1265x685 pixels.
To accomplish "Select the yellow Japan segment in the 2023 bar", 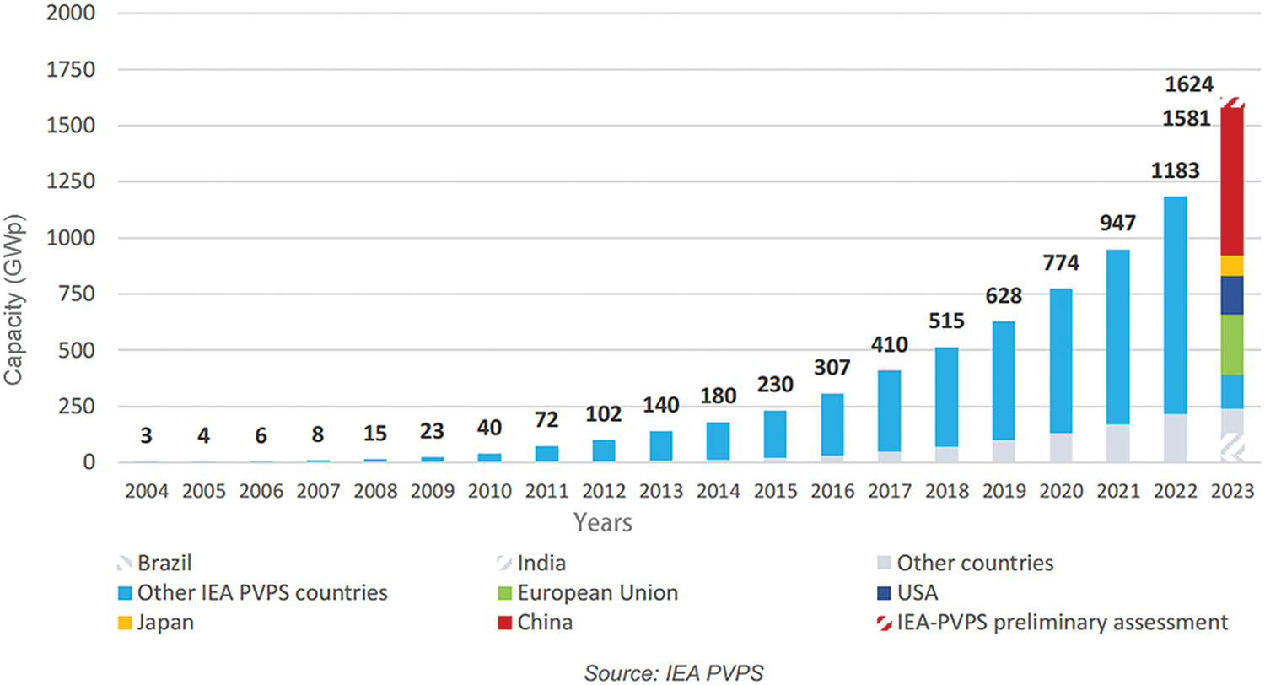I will pos(1231,266).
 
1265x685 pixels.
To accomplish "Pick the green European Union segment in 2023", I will pos(1231,344).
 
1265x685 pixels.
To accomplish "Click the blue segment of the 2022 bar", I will pos(1174,304).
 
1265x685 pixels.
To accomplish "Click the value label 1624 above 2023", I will pos(1189,84).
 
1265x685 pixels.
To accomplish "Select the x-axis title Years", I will pos(603,523).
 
